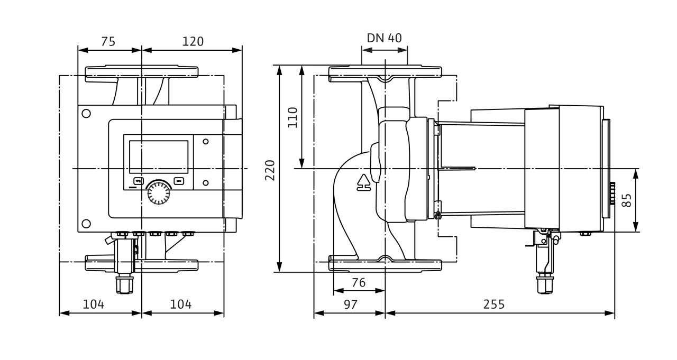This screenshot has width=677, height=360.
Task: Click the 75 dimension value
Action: pyautogui.click(x=108, y=41)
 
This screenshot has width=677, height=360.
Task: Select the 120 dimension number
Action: pyautogui.click(x=193, y=41)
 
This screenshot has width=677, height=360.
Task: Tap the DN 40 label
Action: pyautogui.click(x=385, y=38)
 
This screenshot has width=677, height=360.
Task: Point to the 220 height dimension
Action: pyautogui.click(x=270, y=170)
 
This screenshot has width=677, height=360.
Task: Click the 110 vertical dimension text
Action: pyautogui.click(x=292, y=117)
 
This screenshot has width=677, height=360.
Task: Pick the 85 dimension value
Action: pyautogui.click(x=627, y=200)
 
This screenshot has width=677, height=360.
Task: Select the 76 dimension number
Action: pyautogui.click(x=359, y=283)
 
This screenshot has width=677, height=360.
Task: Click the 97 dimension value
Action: pyautogui.click(x=350, y=304)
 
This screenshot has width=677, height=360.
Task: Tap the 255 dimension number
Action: pyautogui.click(x=493, y=304)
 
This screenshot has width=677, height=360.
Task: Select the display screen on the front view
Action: pyautogui.click(x=159, y=157)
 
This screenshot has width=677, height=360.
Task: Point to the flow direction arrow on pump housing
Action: pyautogui.click(x=363, y=182)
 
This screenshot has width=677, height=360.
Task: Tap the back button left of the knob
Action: pyautogui.click(x=138, y=180)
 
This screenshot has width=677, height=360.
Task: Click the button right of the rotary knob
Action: pyautogui.click(x=179, y=180)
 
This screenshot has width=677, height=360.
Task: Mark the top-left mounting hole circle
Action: pyautogui.click(x=86, y=113)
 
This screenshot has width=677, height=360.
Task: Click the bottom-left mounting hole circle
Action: pyautogui.click(x=86, y=224)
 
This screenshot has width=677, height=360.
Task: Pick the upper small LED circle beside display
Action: pyautogui.click(x=205, y=142)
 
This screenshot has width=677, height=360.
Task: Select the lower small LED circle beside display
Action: pyautogui.click(x=205, y=183)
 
